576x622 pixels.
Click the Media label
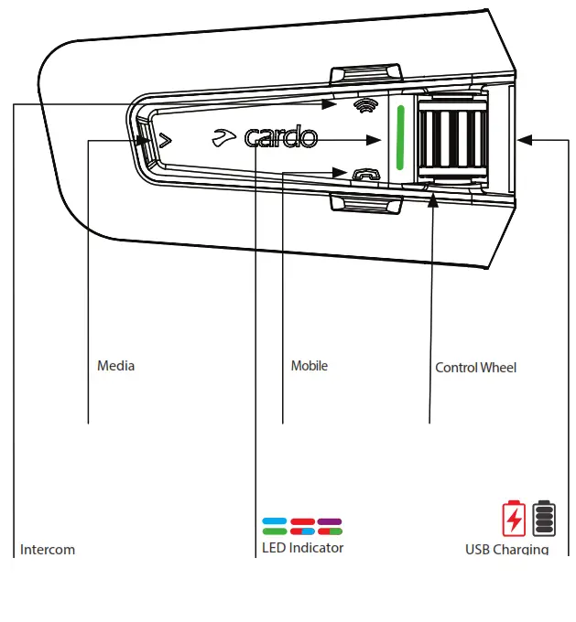tap(116, 366)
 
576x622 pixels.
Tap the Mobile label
tap(309, 366)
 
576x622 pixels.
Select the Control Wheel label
tap(475, 368)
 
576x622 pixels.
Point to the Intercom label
tap(48, 550)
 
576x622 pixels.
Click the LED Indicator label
tap(302, 548)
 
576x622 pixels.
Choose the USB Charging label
tap(506, 550)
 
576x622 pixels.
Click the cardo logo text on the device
tap(280, 138)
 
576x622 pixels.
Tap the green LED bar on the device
tap(399, 140)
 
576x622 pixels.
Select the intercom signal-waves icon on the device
tap(364, 107)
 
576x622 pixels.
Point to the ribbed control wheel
tap(451, 140)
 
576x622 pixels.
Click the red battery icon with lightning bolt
tap(514, 518)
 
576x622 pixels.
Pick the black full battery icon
tap(544, 518)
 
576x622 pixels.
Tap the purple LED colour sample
tap(330, 521)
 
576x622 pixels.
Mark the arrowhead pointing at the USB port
tap(524, 140)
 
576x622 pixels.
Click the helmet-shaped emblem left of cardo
tap(223, 137)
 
